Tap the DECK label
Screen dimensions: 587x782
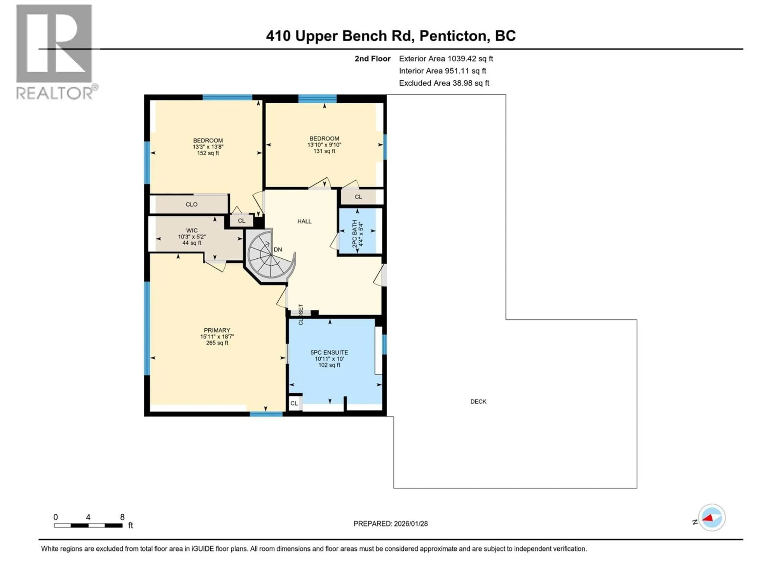tap(478, 402)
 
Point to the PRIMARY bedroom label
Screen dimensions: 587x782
tap(217, 330)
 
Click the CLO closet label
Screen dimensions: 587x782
tap(191, 204)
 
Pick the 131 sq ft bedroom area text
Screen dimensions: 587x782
tap(324, 151)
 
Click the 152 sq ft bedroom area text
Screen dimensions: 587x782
tap(208, 153)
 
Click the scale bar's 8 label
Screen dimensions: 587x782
tap(122, 517)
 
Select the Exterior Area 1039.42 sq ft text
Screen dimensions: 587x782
tap(446, 59)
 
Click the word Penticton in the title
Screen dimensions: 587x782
tap(455, 36)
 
